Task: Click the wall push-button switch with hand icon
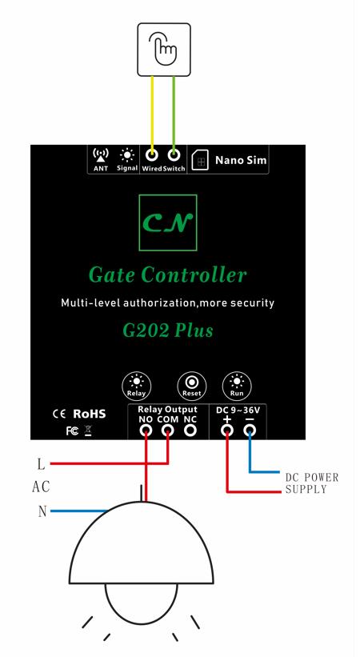164,50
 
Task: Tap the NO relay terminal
146,430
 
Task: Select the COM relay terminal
168,430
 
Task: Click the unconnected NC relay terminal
190,430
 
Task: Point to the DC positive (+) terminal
227,430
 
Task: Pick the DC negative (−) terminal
250,430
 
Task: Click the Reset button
192,386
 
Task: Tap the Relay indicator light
136,386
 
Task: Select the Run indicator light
237,386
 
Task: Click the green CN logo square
168,222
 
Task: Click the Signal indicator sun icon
127,155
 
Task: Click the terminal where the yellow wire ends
152,155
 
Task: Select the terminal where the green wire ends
174,155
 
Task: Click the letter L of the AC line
41,464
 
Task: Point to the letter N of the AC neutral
42,511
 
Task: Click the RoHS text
90,414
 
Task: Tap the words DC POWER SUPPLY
312,483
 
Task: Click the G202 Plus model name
168,331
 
